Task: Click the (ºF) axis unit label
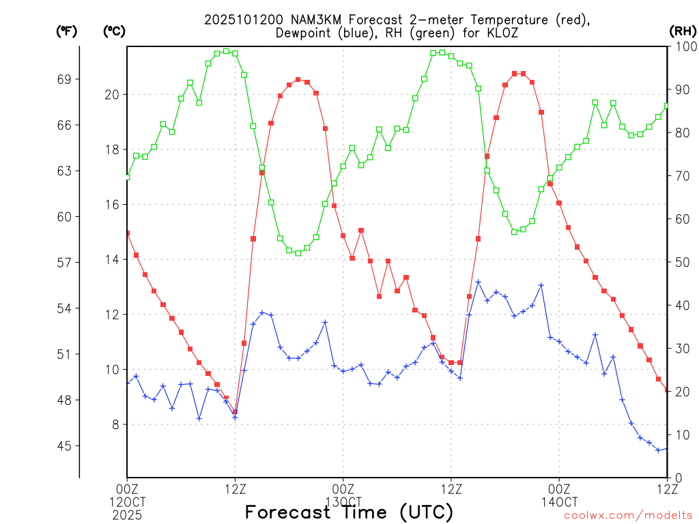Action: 66,31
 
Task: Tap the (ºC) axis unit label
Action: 114,31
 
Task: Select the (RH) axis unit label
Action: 682,31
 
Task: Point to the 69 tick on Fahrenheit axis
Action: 64,80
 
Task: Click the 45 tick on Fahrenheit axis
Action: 64,446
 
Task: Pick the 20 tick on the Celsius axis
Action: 112,95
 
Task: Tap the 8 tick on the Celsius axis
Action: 115,424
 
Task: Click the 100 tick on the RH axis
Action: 683,46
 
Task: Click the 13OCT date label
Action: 343,501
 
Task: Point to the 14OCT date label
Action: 558,501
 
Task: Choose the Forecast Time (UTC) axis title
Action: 349,512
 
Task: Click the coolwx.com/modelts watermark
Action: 628,516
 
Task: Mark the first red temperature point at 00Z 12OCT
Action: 127,233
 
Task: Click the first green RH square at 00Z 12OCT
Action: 127,177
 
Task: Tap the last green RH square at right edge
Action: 667,106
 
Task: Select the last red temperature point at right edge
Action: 667,390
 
